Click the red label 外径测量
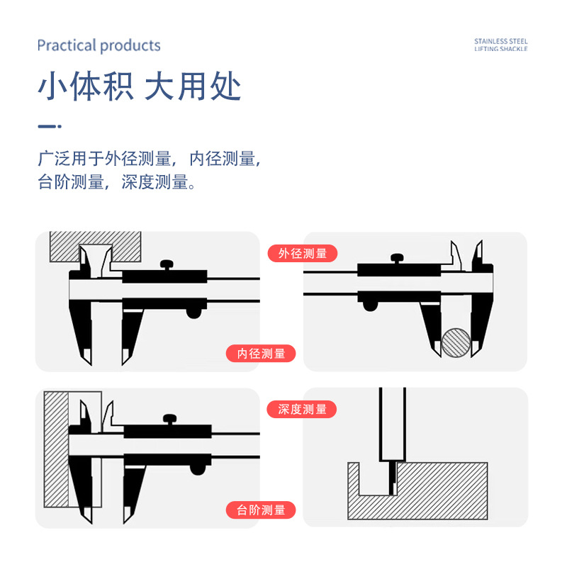(x=303, y=253)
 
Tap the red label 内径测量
(x=261, y=353)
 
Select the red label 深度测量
(x=303, y=409)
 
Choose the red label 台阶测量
(x=261, y=510)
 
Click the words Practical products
(x=99, y=46)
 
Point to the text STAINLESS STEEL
(x=501, y=42)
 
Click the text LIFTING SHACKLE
(x=501, y=50)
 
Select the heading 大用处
(x=193, y=86)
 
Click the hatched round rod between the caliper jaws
(x=456, y=342)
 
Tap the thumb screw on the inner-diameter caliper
(x=168, y=265)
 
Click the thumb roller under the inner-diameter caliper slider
(x=192, y=313)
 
